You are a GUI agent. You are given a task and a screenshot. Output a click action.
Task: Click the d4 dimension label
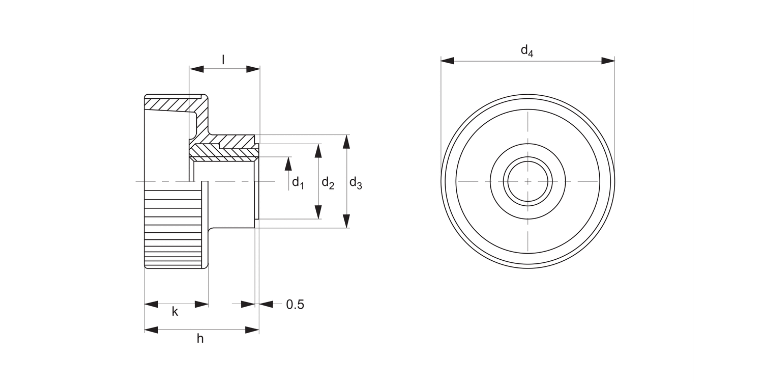click(x=527, y=50)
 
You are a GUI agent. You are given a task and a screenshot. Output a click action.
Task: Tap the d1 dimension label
click(x=298, y=182)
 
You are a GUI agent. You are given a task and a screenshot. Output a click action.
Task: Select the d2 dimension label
click(x=328, y=183)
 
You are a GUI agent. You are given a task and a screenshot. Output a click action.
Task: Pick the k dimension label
click(x=175, y=312)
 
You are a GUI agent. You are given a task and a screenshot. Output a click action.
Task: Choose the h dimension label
click(x=200, y=338)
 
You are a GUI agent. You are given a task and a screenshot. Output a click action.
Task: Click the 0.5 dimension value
click(x=295, y=305)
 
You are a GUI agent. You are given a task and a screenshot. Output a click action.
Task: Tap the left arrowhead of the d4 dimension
click(x=447, y=61)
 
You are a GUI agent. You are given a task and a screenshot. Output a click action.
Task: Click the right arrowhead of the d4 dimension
click(x=608, y=61)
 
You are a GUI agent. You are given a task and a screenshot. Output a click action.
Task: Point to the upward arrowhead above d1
click(x=288, y=163)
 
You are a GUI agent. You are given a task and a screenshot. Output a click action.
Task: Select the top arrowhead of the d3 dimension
click(x=346, y=141)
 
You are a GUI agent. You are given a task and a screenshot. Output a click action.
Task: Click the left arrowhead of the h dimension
click(x=151, y=330)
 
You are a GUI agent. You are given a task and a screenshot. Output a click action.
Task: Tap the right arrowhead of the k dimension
click(x=202, y=305)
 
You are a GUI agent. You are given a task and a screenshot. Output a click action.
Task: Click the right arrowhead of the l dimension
click(x=253, y=69)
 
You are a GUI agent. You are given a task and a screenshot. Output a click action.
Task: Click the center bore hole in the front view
click(x=528, y=181)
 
